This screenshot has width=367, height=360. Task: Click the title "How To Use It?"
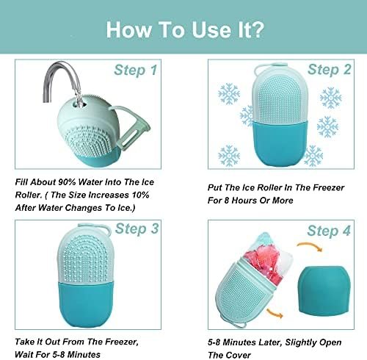(x=183, y=30)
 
